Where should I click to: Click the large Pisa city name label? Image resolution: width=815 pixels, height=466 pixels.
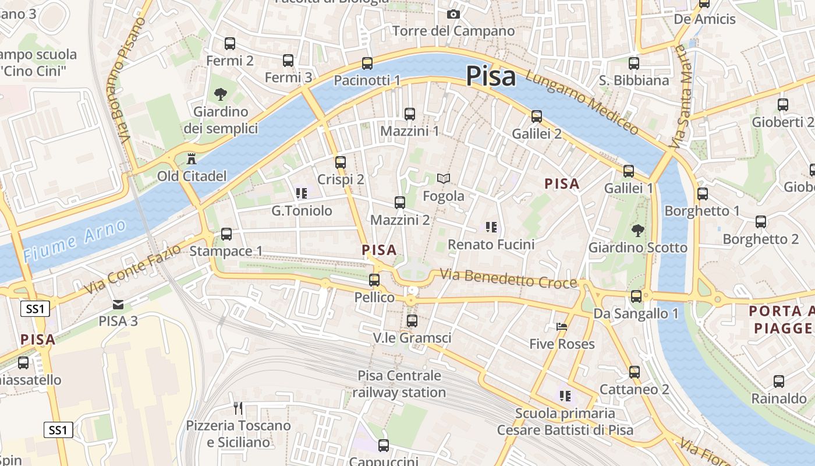coord(491,76)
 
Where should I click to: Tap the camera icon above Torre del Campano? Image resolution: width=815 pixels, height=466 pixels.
coord(453,14)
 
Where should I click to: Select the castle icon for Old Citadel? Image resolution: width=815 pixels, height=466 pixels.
coord(191,158)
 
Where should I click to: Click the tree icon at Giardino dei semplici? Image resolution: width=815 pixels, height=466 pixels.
coord(220,94)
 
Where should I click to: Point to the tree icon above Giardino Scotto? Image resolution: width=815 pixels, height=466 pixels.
coord(637,230)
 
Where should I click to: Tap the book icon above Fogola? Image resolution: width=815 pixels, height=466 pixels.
coord(444,179)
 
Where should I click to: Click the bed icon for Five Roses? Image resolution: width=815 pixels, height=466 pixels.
coord(561,327)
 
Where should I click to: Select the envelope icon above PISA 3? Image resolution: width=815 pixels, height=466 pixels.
coord(118,304)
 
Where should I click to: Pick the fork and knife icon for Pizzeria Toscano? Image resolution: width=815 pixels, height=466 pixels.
coord(238,408)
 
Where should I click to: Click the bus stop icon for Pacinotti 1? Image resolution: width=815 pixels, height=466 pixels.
coord(367,63)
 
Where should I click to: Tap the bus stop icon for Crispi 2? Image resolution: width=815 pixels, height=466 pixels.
coord(341,163)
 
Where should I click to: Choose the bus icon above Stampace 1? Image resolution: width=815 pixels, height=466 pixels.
coord(226,234)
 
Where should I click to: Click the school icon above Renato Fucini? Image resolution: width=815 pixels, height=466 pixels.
coord(491,227)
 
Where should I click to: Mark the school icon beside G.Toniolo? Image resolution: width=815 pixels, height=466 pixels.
coord(301,193)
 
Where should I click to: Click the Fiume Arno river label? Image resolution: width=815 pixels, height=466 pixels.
coord(75,240)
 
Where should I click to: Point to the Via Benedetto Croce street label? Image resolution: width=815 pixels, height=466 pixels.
coord(508,278)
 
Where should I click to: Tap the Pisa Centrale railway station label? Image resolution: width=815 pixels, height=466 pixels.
coord(399,384)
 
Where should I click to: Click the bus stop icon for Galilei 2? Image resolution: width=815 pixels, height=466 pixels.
coord(537,116)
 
